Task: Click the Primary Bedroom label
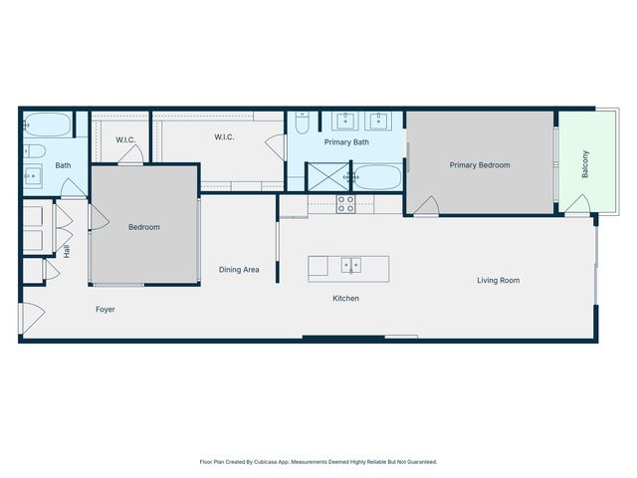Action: pos(479,165)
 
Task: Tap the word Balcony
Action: pos(585,163)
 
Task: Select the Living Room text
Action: pos(498,281)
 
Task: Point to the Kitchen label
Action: pos(345,299)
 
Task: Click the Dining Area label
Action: pos(239,270)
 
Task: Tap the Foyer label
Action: pos(106,310)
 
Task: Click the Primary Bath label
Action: pos(346,142)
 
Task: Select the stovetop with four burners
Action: pos(346,203)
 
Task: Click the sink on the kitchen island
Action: pos(349,265)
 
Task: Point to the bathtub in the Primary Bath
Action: pos(378,177)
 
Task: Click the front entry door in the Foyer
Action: pos(30,318)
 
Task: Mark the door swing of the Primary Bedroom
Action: pos(426,206)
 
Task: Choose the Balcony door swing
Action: pos(577,206)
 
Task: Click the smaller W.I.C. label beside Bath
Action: pos(125,139)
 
